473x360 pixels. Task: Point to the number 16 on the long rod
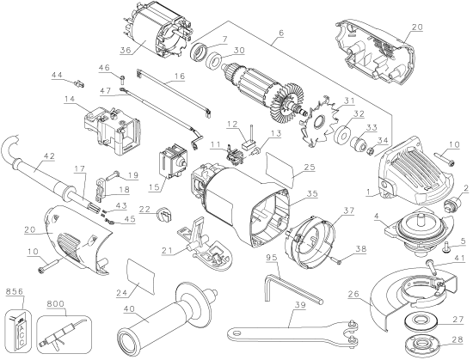pyautogui.click(x=180, y=76)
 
